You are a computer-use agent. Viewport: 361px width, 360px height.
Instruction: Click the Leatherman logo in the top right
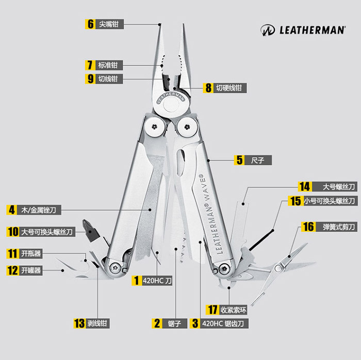[x=303, y=30]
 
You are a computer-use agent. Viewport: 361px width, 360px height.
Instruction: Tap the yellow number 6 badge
[x=90, y=24]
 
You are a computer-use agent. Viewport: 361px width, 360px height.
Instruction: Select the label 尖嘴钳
[x=110, y=24]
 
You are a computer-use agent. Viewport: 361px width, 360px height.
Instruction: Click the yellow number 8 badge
[x=208, y=88]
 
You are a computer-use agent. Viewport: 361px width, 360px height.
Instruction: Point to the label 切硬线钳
[x=228, y=88]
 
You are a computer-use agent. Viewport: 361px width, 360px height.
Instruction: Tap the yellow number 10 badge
[x=13, y=232]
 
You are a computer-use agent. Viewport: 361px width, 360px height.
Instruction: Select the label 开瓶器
[x=31, y=253]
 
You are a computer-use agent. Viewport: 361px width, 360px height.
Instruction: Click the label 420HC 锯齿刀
[x=223, y=323]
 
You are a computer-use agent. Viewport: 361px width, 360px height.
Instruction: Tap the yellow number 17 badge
[x=212, y=310]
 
